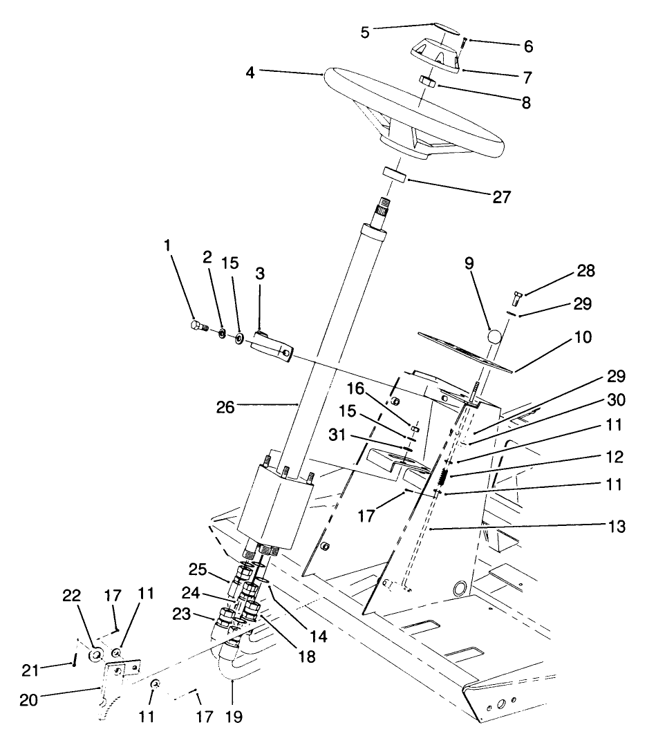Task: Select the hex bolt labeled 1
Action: click(x=196, y=326)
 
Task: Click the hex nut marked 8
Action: click(x=426, y=82)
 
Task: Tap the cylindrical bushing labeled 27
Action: click(x=394, y=173)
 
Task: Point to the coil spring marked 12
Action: click(x=443, y=476)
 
